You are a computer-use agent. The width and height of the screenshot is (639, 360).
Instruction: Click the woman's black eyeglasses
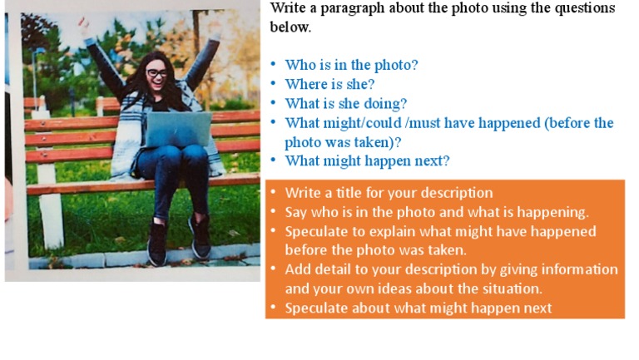click(x=157, y=73)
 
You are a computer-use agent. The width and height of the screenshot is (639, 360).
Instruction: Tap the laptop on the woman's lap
click(x=179, y=129)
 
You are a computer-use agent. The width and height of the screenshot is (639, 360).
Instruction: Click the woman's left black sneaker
click(x=158, y=244)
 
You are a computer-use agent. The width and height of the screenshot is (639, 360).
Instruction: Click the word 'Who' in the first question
click(x=300, y=65)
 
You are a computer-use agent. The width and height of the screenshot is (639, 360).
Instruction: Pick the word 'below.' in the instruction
click(x=290, y=27)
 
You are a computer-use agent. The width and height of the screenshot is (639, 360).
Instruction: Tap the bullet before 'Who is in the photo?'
click(x=273, y=64)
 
